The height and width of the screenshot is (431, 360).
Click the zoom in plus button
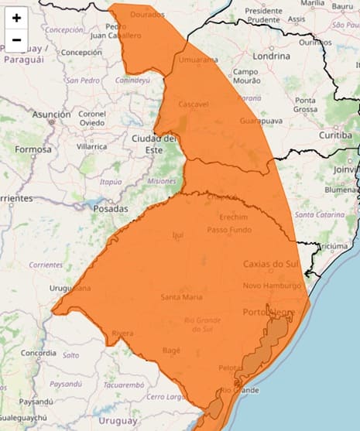point(16,18)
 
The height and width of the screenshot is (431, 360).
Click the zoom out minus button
point(16,39)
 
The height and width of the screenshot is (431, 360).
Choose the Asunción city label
point(51,114)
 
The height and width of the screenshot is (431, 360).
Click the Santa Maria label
point(182,297)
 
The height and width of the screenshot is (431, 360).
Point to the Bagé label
point(172,351)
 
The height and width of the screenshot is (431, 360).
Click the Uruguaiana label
point(70,288)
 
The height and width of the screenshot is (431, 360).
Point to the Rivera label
point(123,334)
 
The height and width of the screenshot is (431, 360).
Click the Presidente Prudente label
point(263,16)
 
